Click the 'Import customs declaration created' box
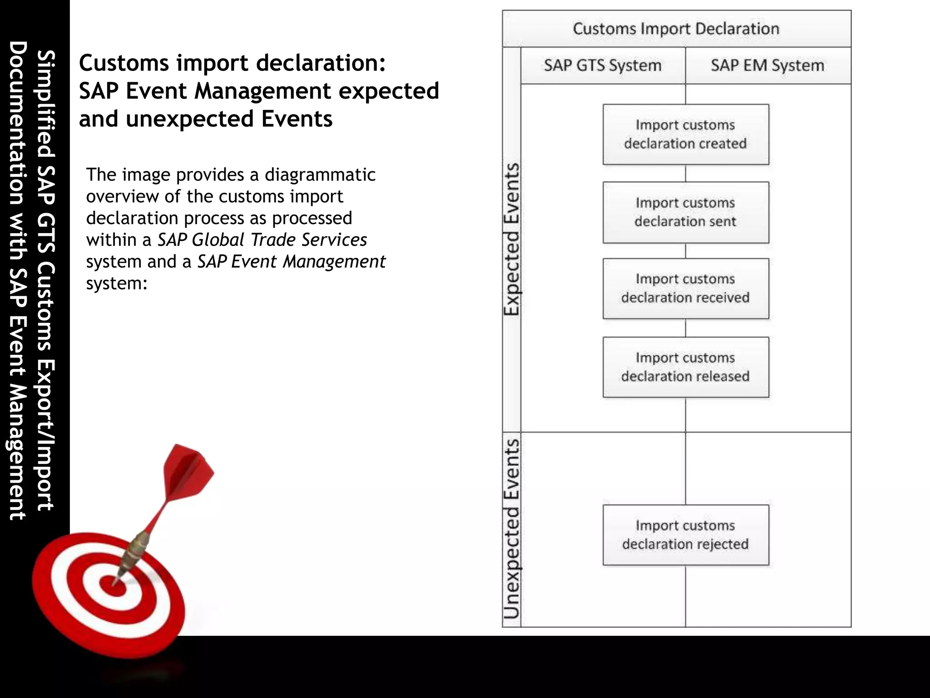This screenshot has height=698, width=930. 685,135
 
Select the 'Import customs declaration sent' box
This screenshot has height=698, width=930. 685,212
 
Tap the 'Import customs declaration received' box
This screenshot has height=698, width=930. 685,289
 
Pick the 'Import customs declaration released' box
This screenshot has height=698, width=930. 685,367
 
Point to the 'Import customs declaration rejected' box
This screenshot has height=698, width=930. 685,535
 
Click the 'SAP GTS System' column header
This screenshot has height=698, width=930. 603,65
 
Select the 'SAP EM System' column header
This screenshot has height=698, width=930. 767,65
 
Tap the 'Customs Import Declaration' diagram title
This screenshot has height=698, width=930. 676,29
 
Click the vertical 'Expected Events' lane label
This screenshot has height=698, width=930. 512,239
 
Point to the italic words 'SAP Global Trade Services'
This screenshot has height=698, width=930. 262,239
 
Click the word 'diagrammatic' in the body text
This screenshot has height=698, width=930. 320,174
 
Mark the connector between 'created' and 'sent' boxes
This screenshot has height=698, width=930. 685,173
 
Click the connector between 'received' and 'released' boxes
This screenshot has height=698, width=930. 685,328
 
